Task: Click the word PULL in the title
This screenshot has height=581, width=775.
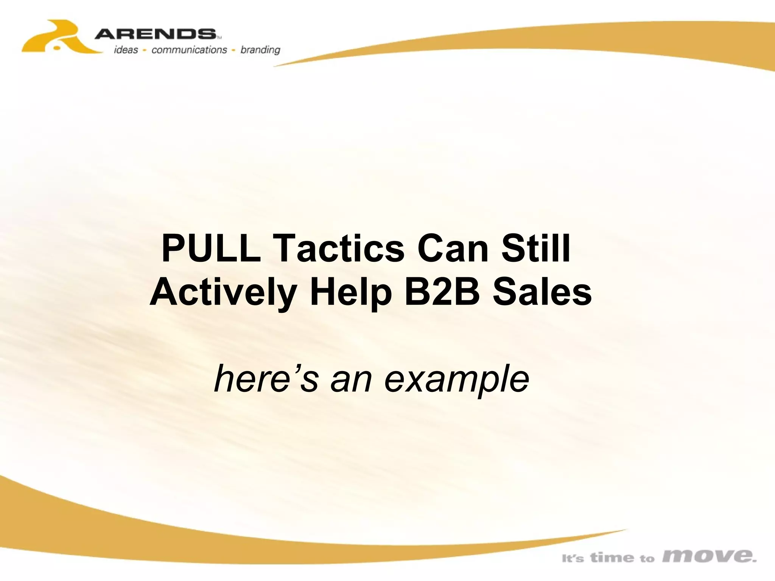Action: click(211, 249)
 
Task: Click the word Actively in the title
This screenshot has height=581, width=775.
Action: click(223, 293)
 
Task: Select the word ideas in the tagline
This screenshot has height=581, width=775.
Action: click(126, 50)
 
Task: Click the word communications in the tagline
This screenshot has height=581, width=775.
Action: click(189, 50)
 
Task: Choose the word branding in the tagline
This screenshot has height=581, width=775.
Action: click(260, 50)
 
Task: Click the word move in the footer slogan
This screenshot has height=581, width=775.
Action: click(709, 556)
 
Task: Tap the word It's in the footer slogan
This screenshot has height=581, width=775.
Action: click(573, 558)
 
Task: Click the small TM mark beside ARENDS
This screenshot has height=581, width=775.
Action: click(219, 37)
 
